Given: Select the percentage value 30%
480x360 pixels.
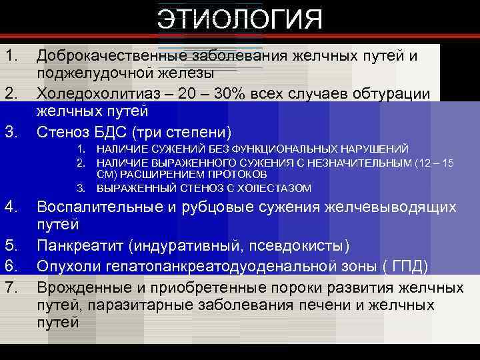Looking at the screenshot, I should (235, 93).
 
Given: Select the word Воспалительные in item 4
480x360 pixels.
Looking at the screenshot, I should (99, 207).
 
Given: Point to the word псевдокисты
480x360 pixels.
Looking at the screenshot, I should (296, 245).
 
